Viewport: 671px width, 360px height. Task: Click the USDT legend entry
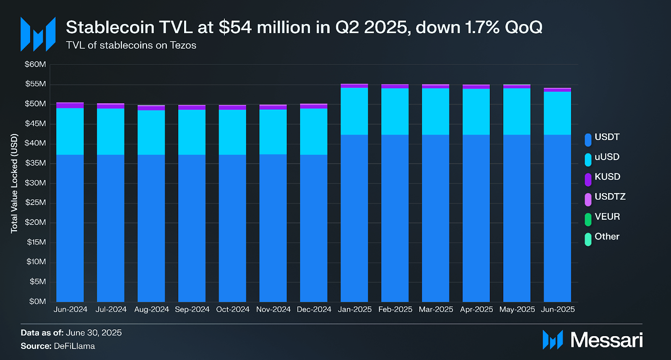pos(606,137)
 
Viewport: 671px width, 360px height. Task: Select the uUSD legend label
pos(607,157)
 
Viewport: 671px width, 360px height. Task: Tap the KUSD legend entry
pos(607,177)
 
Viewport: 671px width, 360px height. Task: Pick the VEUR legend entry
pos(607,217)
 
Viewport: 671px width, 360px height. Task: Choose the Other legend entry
pos(606,237)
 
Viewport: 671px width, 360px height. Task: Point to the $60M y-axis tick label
pos(35,64)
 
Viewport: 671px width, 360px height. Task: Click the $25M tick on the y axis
pos(35,203)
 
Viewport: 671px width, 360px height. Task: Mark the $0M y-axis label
pos(37,301)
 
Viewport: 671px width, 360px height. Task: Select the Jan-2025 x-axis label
pos(354,309)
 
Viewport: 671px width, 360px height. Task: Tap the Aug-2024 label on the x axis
pos(151,309)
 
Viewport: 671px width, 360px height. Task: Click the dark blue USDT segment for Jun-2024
pos(70,229)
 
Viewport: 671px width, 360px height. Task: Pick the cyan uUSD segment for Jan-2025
pos(354,111)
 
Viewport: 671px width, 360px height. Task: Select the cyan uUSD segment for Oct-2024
pos(232,132)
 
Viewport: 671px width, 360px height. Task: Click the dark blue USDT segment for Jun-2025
pos(557,218)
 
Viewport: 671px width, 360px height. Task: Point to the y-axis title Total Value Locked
pos(14,183)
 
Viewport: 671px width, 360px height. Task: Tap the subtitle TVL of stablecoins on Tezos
pos(131,45)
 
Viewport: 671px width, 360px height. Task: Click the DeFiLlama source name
pos(74,346)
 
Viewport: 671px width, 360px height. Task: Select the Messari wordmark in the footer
pos(606,339)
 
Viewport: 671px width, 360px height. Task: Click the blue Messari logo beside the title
pos(38,34)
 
